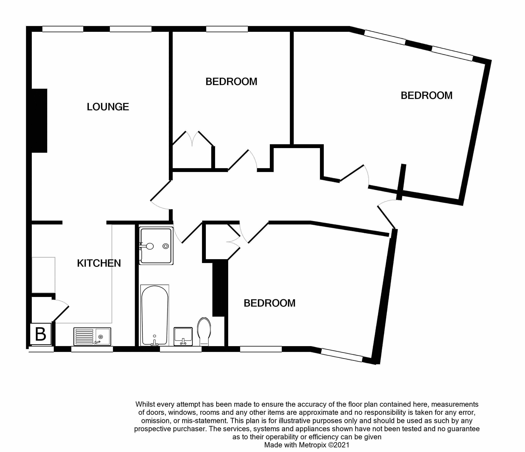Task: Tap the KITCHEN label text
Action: click(99, 263)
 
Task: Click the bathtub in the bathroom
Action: click(155, 316)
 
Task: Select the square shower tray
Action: click(156, 246)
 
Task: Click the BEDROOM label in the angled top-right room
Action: click(427, 96)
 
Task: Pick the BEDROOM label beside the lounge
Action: click(231, 82)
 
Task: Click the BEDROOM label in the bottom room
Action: click(269, 303)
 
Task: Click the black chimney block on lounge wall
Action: click(39, 121)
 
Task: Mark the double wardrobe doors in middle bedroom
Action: click(193, 139)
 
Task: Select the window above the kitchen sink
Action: click(92, 349)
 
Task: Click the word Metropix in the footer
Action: click(312, 445)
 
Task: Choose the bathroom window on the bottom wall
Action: click(181, 349)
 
